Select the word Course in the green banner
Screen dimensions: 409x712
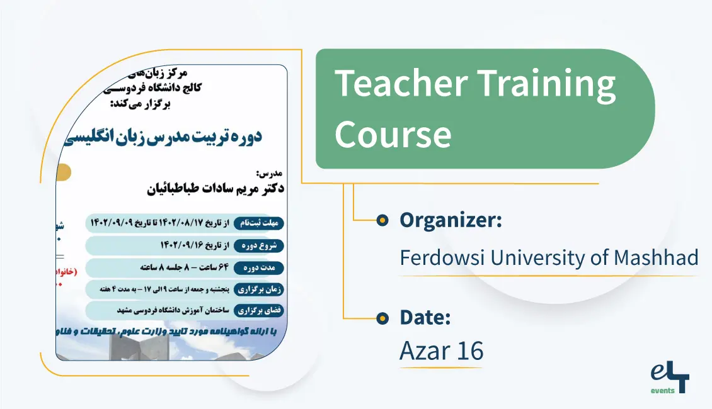[393, 134]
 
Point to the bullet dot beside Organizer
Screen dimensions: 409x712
[382, 220]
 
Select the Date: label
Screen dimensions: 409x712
[425, 318]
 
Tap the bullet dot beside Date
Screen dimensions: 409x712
[382, 318]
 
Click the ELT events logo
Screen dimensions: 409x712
[670, 378]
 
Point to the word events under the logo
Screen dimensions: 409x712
[662, 391]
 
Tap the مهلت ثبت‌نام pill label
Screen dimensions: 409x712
[259, 223]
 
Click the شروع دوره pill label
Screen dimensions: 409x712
[259, 245]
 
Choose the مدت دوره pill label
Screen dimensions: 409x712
[259, 268]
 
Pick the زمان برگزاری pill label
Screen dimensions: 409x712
[259, 289]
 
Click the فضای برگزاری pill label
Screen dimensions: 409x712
[259, 311]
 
